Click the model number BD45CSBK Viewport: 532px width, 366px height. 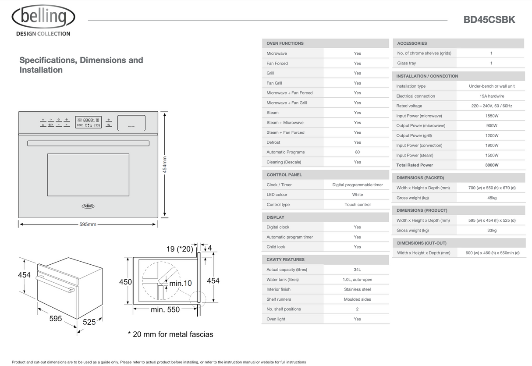pyautogui.click(x=489, y=20)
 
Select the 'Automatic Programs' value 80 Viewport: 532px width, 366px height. pyautogui.click(x=357, y=152)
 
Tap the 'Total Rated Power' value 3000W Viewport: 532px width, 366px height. pyautogui.click(x=491, y=165)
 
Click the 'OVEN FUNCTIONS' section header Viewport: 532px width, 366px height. pyautogui.click(x=285, y=43)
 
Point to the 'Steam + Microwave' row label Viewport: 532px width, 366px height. pyautogui.click(x=285, y=123)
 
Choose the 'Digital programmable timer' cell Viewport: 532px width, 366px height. pyautogui.click(x=357, y=185)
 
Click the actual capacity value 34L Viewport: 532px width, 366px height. pyautogui.click(x=357, y=270)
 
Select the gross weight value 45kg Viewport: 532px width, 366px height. pyautogui.click(x=491, y=198)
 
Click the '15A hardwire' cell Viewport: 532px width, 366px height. pyautogui.click(x=491, y=96)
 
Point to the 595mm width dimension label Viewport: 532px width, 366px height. pyautogui.click(x=88, y=224)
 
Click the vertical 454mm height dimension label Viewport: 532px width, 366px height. pyautogui.click(x=165, y=165)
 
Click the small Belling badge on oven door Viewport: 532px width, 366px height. pyautogui.click(x=88, y=206)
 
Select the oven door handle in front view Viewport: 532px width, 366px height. pyautogui.click(x=88, y=143)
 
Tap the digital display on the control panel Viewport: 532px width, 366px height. pyautogui.click(x=88, y=122)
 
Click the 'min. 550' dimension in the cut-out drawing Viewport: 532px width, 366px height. pyautogui.click(x=165, y=309)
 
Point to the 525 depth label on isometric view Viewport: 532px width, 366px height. pyautogui.click(x=89, y=322)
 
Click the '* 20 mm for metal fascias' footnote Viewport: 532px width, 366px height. pyautogui.click(x=170, y=334)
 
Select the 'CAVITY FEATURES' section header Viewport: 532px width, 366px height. pyautogui.click(x=285, y=259)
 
